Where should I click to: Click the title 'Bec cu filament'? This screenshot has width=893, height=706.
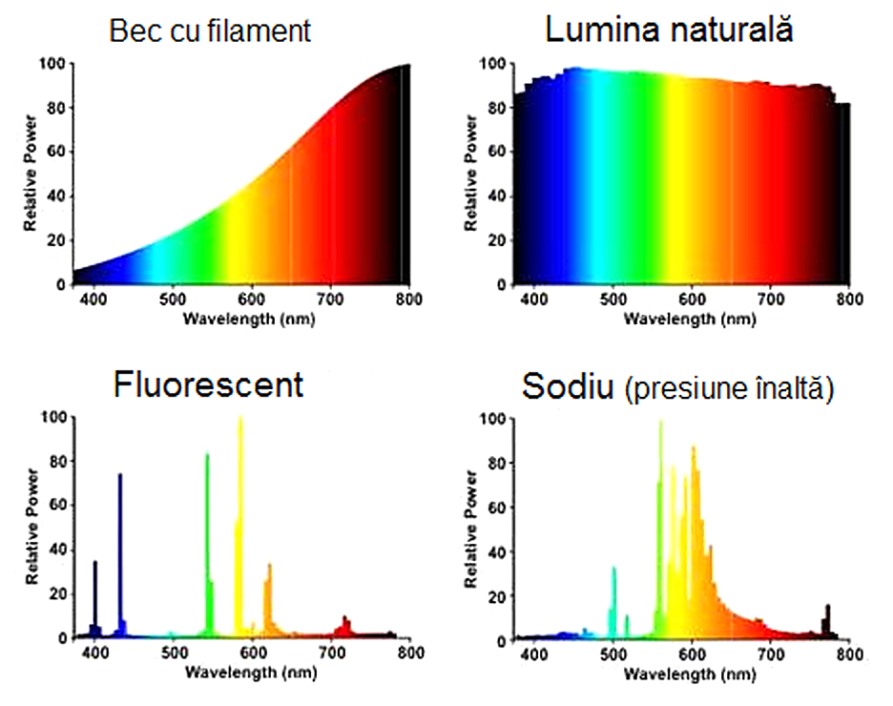tap(210, 31)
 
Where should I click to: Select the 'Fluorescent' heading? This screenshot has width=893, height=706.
tap(208, 384)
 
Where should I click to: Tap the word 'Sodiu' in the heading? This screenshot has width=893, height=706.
tap(569, 387)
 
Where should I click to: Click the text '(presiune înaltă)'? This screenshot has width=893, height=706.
tap(729, 389)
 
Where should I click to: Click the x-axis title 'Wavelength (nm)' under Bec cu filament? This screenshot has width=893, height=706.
tap(251, 319)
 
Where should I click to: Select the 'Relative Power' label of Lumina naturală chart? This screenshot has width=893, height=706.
tap(470, 173)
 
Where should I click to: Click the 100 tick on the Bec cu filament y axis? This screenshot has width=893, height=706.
tap(52, 64)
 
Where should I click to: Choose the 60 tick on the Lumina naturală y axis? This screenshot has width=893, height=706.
tap(493, 153)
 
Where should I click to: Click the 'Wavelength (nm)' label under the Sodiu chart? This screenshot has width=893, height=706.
tap(690, 674)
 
